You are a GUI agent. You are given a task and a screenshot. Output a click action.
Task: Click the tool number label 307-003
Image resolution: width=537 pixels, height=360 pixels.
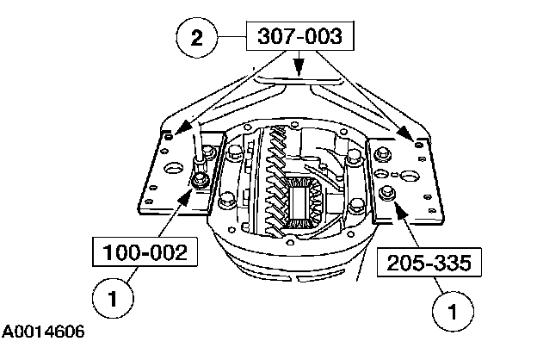tap(300, 36)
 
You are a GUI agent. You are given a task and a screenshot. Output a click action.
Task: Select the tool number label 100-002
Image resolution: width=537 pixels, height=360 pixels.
tap(145, 252)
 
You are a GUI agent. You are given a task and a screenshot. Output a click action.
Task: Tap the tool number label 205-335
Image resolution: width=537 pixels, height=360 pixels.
tap(429, 263)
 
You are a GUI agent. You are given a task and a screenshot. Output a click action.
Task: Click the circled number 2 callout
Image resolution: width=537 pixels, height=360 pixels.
tap(196, 37)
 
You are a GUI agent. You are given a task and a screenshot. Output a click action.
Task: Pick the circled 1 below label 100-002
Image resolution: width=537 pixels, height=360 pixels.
tap(113, 298)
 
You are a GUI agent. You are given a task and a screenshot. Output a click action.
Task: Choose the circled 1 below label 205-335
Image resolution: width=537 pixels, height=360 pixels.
tap(453, 311)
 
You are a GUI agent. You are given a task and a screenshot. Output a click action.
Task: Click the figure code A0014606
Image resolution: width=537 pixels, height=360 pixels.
tap(43, 332)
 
